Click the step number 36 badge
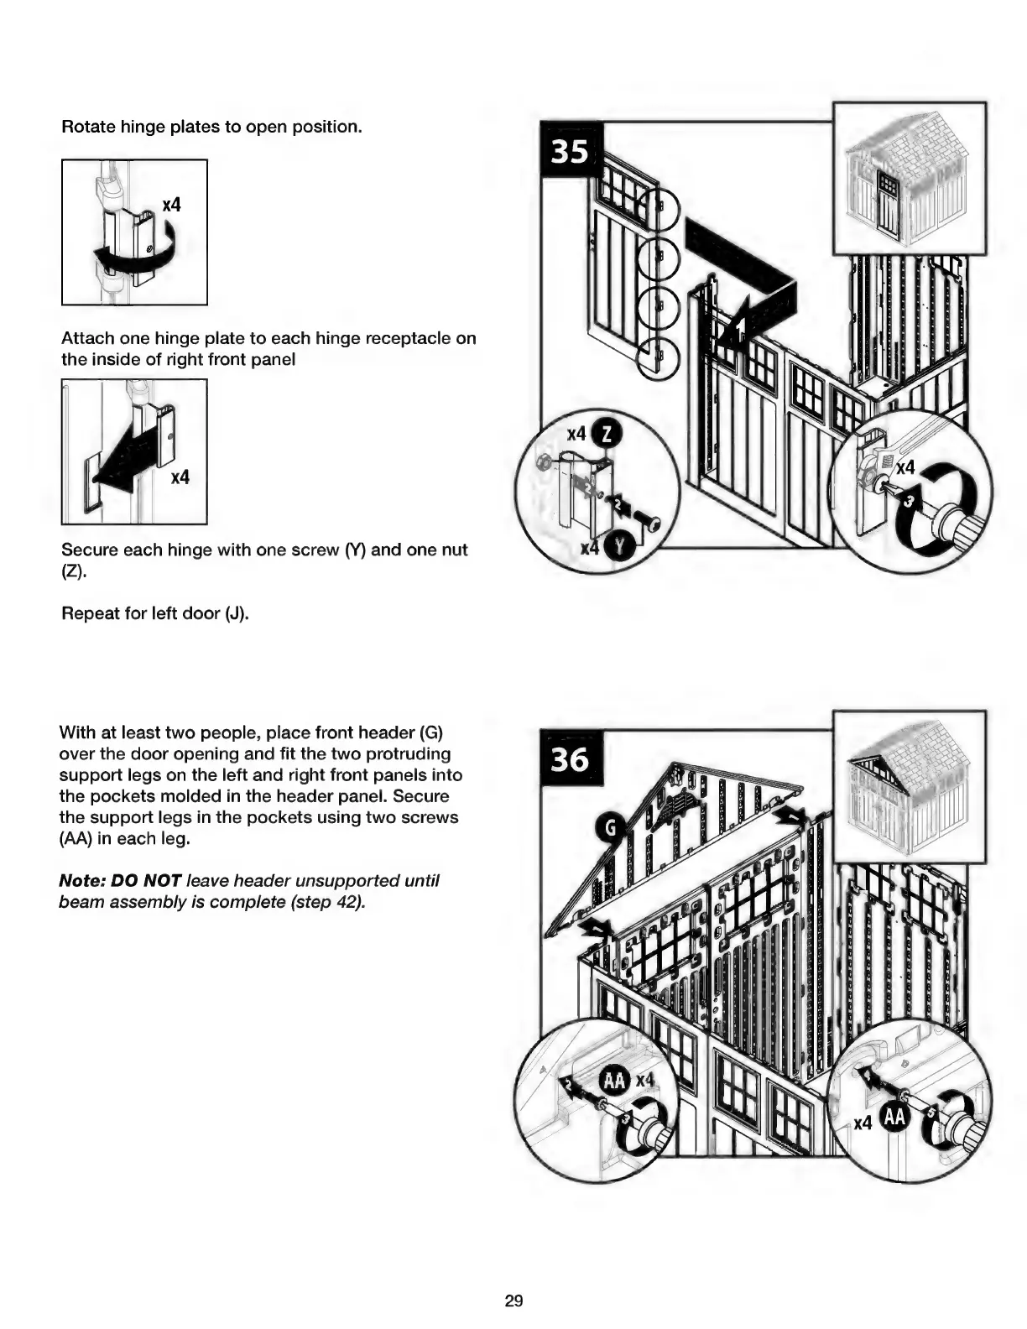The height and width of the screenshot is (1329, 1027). tap(569, 759)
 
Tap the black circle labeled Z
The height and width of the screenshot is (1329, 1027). tap(607, 434)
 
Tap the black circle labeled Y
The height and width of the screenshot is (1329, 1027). tap(621, 547)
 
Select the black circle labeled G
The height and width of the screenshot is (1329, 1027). tap(611, 828)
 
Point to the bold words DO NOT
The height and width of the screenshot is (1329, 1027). tap(146, 881)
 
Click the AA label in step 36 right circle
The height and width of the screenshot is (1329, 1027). tap(894, 1117)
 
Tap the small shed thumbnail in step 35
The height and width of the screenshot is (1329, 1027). tap(909, 178)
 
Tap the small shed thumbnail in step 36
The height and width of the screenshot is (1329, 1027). tap(909, 786)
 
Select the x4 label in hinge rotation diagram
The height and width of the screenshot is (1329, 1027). tap(171, 205)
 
